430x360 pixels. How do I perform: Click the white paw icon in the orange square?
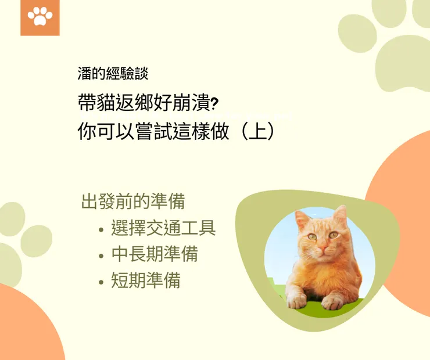40,17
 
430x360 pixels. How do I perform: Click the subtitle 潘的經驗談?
113,74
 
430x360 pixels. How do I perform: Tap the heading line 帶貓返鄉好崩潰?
148,103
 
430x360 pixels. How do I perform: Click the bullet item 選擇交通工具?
163,228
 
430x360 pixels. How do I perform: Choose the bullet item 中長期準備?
154,254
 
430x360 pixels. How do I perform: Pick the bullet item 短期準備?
145,280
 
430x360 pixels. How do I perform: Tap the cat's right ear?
340,216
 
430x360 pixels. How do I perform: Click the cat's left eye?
313,237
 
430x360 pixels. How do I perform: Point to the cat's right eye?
333,235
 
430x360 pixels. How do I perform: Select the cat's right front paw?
332,302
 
